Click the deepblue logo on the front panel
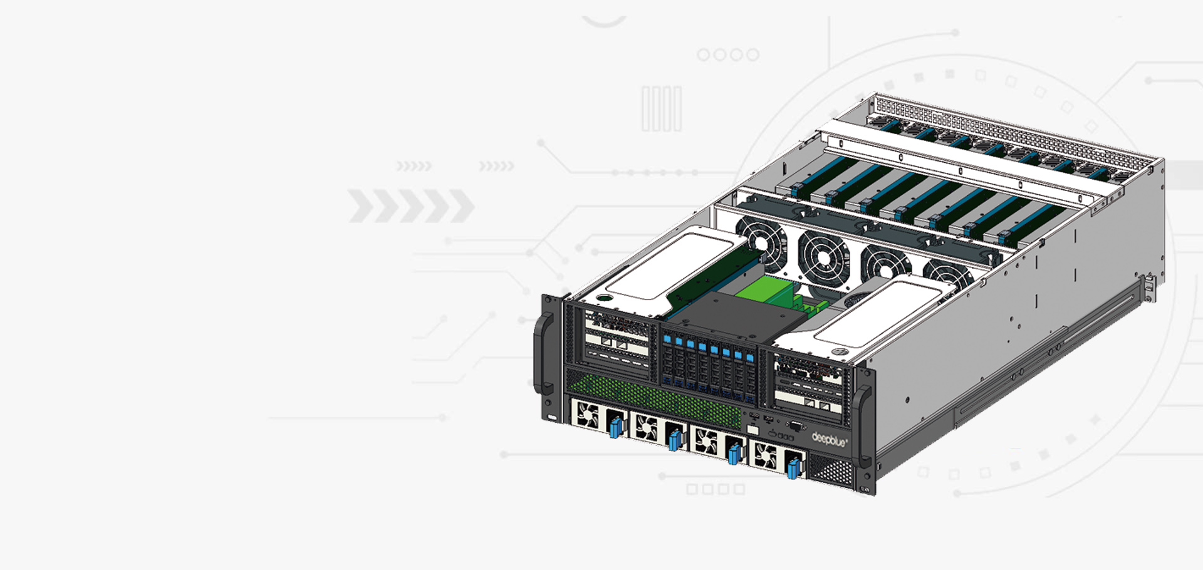830,439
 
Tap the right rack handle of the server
862,425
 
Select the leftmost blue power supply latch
615,427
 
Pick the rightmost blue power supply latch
794,467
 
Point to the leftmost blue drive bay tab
667,339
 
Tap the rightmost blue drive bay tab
750,358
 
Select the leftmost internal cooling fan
762,243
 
